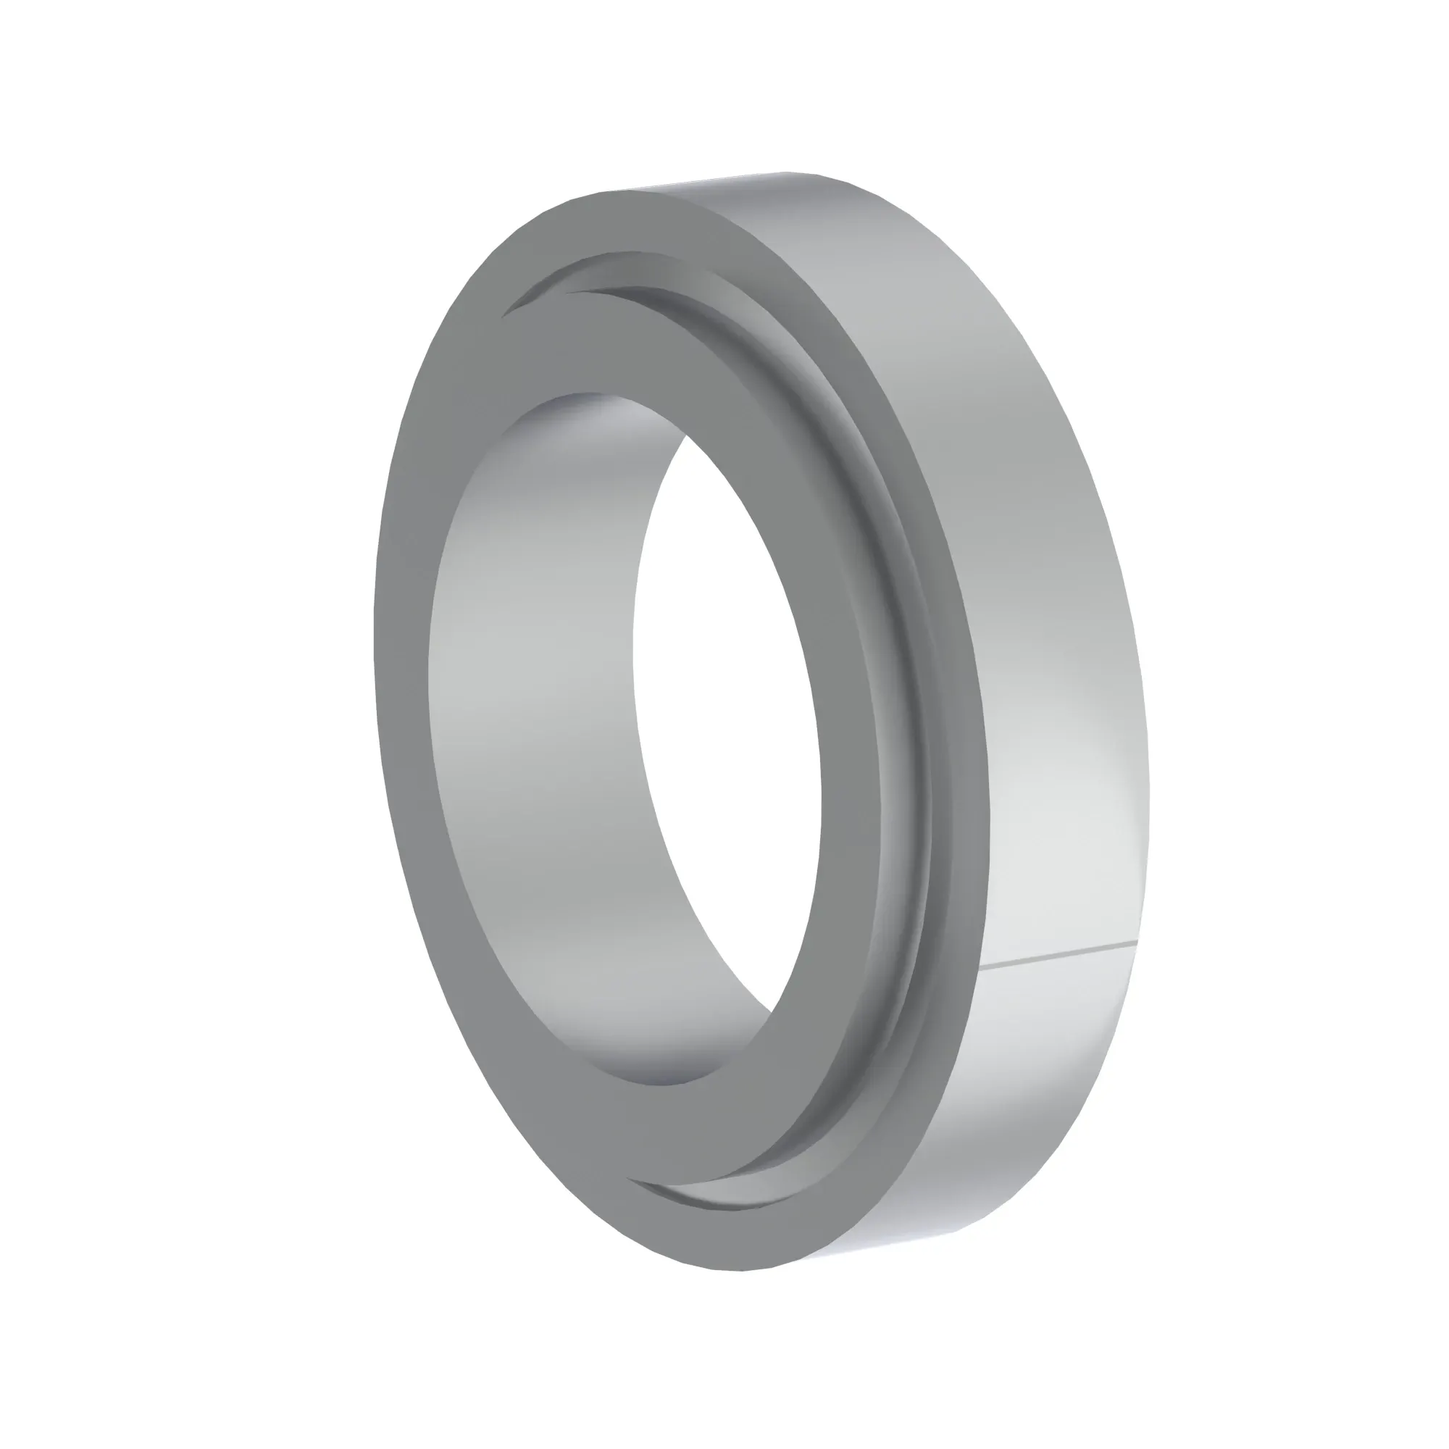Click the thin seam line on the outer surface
(x=1058, y=954)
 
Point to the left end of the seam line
(x=982, y=968)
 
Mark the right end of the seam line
(x=1137, y=939)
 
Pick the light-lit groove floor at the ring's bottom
(x=720, y=1193)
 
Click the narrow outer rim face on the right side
(x=967, y=675)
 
